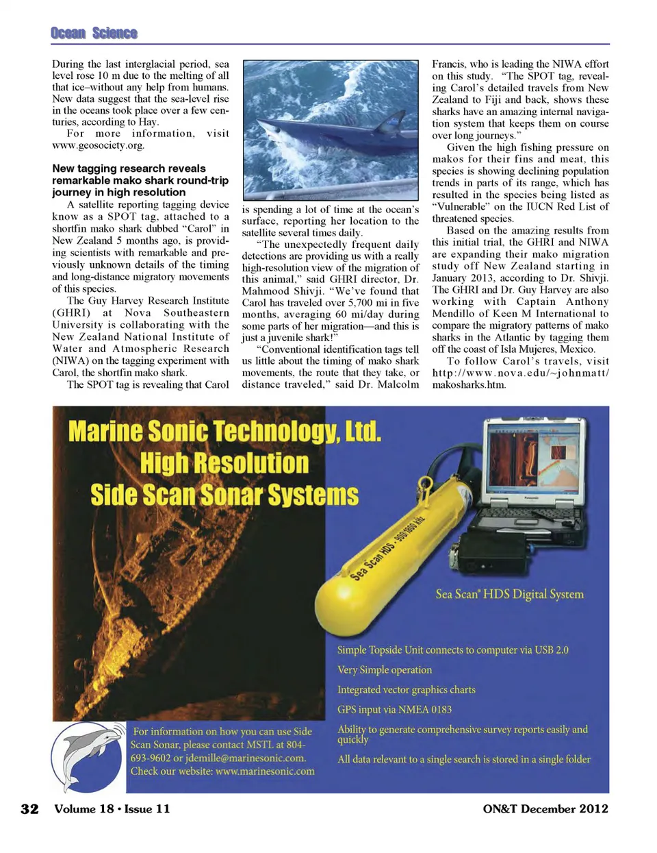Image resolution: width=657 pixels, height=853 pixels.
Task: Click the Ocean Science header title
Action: pos(94,33)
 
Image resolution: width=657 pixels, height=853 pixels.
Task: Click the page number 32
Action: pos(30,808)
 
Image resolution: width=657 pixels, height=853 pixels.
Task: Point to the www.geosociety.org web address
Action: pos(98,145)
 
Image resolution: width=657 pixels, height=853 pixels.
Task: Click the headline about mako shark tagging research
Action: pos(140,180)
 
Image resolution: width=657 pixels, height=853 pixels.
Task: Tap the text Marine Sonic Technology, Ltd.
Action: pos(224,432)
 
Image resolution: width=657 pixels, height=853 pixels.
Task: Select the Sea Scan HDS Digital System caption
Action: pos(509,594)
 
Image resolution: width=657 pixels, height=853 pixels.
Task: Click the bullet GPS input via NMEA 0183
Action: pos(394,710)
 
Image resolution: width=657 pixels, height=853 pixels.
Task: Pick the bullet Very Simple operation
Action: pos(385,670)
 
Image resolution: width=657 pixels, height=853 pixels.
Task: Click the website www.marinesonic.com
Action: pos(265,771)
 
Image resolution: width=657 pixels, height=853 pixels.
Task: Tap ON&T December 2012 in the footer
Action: pos(545,808)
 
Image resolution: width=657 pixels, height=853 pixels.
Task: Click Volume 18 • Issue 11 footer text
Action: pos(112,808)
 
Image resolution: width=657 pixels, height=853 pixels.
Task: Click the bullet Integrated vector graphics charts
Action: pos(406,690)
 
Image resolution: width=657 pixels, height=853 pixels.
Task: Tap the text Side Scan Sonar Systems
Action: pos(224,495)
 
